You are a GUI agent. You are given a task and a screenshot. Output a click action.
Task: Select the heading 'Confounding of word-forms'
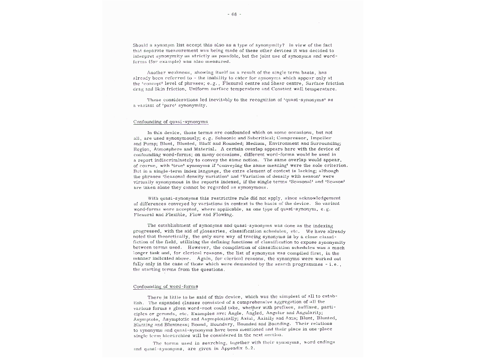[x=165, y=286]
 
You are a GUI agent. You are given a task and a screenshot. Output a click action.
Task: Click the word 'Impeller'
[x=321, y=138]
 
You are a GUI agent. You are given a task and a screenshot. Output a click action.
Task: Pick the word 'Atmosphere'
[x=167, y=149]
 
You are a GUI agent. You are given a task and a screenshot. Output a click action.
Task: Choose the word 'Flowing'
[x=221, y=215]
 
